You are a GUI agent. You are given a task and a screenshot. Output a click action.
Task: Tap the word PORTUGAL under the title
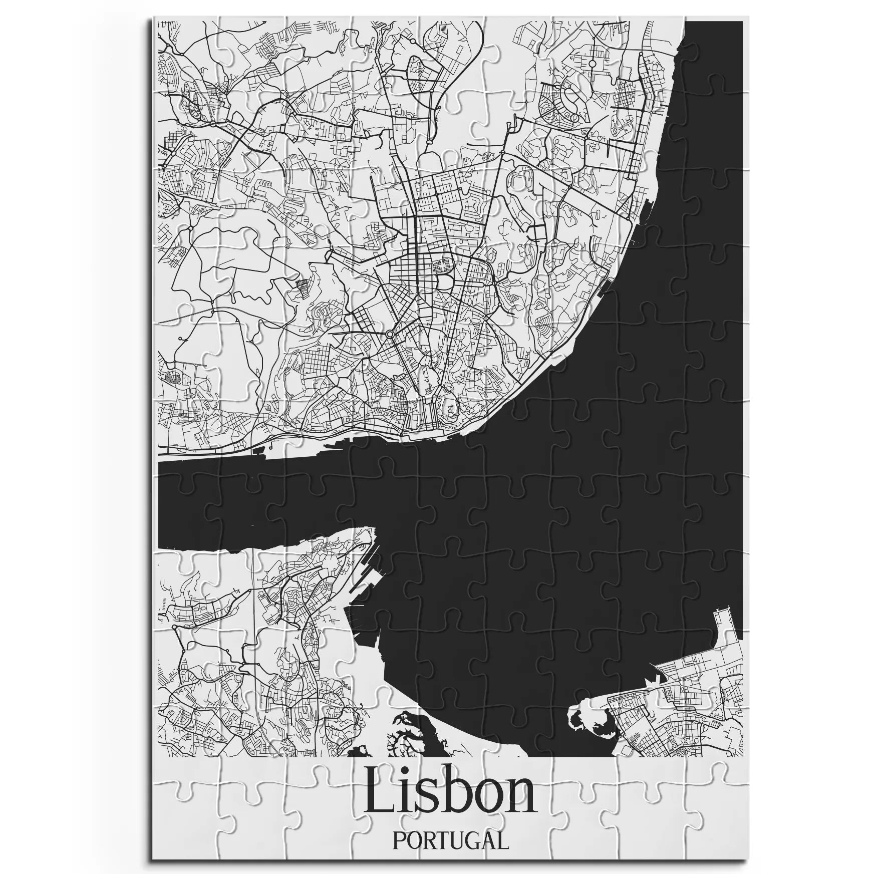(450, 840)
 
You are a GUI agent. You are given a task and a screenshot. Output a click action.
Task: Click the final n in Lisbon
(518, 799)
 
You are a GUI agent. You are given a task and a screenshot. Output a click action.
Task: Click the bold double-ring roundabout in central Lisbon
(390, 334)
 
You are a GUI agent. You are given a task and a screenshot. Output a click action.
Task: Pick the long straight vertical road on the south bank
(254, 626)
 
